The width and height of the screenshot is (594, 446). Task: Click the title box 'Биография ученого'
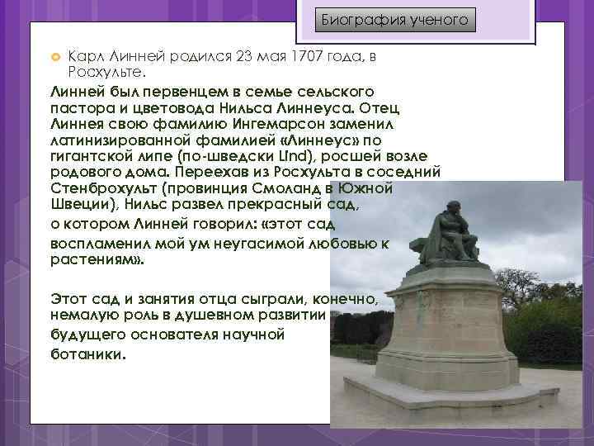395,19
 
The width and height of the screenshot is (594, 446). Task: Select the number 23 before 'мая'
244,55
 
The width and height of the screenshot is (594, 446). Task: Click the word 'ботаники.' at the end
90,353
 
